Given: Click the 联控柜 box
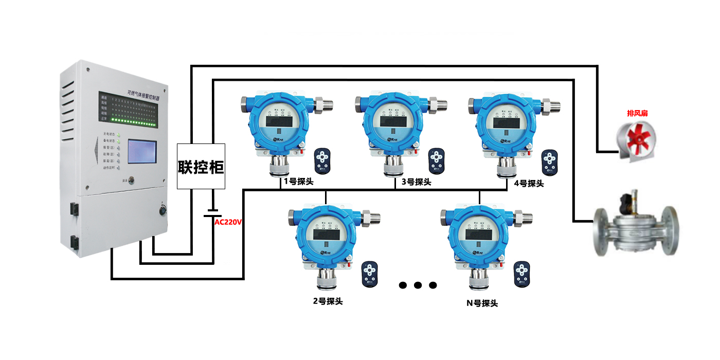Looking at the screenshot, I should pos(201,166).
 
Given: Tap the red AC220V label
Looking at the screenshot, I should pos(228,222).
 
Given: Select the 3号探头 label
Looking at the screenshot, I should pos(416,182).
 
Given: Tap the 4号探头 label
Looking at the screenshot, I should pos(529,183).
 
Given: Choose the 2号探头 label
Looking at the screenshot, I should pos(328,301).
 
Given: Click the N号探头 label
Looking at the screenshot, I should pos(482,303).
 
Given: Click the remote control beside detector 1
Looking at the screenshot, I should pos(323,160).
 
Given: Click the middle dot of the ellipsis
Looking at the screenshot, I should pos(418,285).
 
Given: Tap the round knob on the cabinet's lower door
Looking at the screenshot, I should pos(164,210).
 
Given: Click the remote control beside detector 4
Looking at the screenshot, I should pos(550,162).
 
